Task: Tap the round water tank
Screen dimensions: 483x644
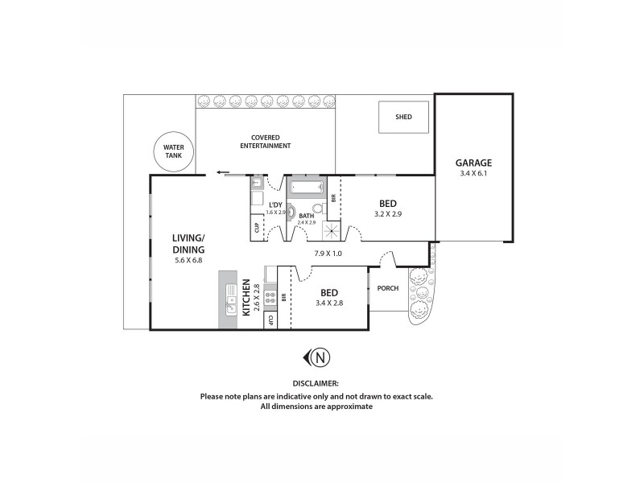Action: (174, 152)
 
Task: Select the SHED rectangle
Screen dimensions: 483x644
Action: (403, 118)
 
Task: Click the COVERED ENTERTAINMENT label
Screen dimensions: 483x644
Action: (265, 142)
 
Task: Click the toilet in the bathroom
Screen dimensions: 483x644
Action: (318, 208)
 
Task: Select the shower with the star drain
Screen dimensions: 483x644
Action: (332, 231)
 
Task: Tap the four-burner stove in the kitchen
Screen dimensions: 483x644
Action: (270, 299)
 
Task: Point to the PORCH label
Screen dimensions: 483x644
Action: (387, 287)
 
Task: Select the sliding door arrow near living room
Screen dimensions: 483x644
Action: (222, 172)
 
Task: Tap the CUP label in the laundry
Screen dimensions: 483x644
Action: (257, 227)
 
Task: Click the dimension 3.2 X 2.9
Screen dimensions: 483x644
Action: (388, 214)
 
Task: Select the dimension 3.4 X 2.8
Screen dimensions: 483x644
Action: (328, 303)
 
